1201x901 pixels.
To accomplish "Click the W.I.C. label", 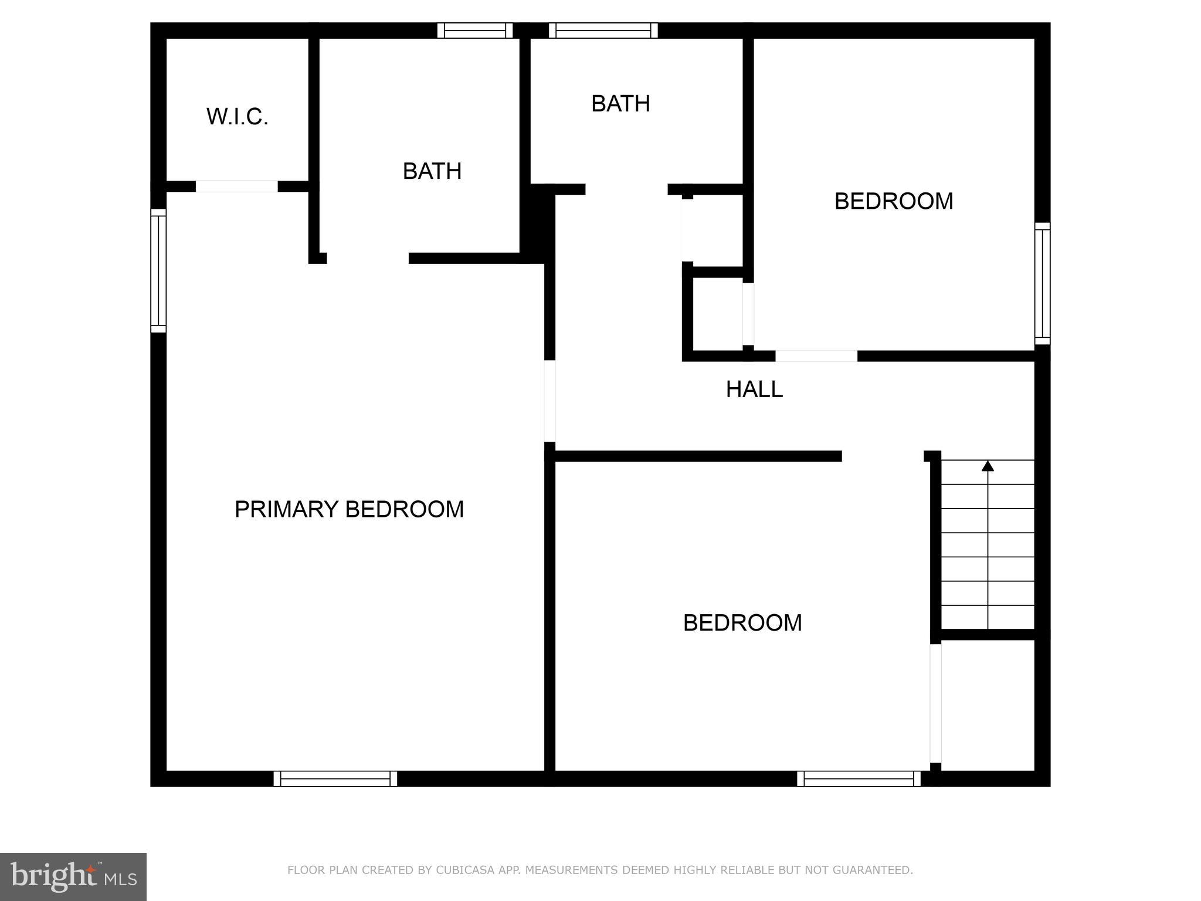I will (x=237, y=117).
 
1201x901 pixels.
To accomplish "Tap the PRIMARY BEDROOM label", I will (x=349, y=509).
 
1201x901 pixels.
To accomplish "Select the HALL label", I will (x=754, y=389).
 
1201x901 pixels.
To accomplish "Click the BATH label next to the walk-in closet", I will (x=432, y=171).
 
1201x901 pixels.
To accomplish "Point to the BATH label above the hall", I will (x=620, y=104).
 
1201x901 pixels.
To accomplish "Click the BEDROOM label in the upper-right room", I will (x=893, y=201).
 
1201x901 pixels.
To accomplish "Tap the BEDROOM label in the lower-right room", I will (x=742, y=622).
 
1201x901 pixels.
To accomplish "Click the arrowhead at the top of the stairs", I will (x=988, y=466).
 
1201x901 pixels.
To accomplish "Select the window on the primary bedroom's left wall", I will (x=158, y=270).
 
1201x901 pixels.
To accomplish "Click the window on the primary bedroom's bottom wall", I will (x=335, y=778).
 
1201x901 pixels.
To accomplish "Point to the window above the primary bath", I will (x=475, y=31).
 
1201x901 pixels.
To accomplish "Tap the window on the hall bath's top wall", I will (x=603, y=31).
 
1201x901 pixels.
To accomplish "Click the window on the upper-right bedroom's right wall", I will (x=1042, y=283).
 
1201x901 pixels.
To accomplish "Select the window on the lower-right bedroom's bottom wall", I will (x=859, y=778).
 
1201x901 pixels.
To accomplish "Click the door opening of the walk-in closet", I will (x=236, y=187).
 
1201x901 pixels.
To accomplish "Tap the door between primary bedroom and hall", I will (x=549, y=401).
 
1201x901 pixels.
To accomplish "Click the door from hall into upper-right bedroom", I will (x=816, y=356).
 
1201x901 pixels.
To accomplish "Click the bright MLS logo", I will (x=73, y=876).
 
